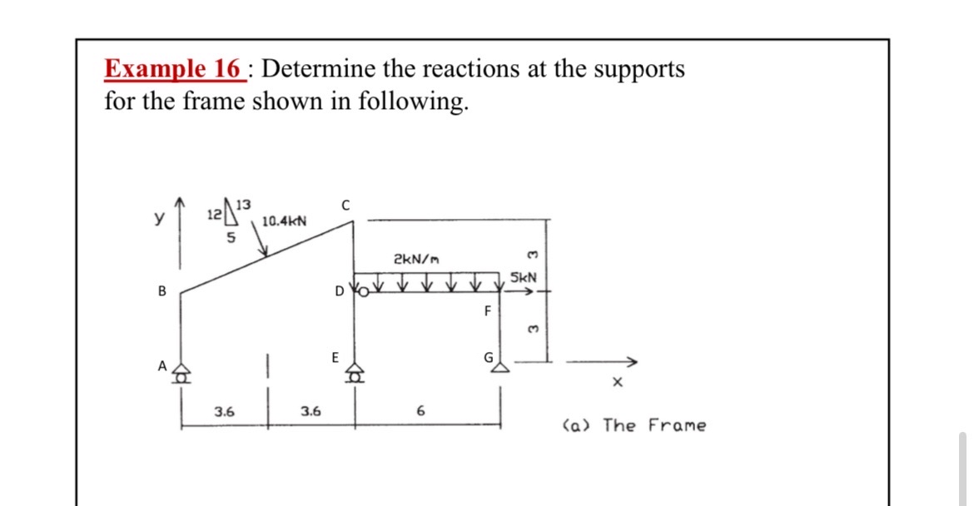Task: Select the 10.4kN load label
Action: pyautogui.click(x=284, y=221)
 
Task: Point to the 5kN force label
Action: pyautogui.click(x=524, y=276)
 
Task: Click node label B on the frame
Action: pyautogui.click(x=162, y=292)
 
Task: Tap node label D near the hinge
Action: pyautogui.click(x=338, y=292)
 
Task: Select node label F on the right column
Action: pyautogui.click(x=489, y=312)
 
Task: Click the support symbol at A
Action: pyautogui.click(x=181, y=375)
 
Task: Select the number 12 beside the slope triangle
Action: pyautogui.click(x=213, y=215)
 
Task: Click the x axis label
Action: pyautogui.click(x=616, y=384)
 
